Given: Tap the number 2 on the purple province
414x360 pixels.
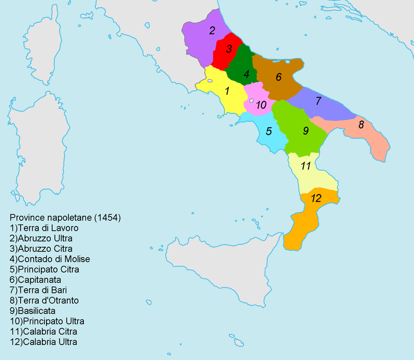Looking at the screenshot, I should [212, 30].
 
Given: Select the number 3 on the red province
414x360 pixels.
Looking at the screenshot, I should [228, 50].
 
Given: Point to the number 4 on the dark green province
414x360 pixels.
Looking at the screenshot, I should [246, 74].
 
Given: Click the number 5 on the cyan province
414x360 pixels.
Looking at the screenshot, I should [269, 131].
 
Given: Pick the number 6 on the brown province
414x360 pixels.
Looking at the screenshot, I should [278, 78].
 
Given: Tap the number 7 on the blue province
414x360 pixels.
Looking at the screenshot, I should [319, 101].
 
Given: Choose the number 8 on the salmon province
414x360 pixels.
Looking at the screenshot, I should [361, 125].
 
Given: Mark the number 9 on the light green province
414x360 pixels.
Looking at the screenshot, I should [306, 131].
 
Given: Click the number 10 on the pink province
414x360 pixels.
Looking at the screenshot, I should [261, 105].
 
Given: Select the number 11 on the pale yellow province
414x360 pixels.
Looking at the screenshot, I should [306, 166].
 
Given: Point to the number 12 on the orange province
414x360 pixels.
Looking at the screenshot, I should [316, 198].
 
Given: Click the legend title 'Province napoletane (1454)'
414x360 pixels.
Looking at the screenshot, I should [65, 218].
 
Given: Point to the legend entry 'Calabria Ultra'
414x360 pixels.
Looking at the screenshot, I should [42, 342].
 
